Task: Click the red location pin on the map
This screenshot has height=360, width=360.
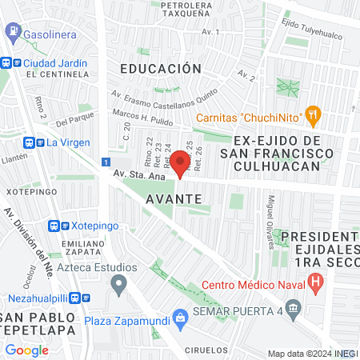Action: pyautogui.click(x=180, y=164)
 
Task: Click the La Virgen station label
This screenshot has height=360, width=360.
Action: pyautogui.click(x=62, y=143)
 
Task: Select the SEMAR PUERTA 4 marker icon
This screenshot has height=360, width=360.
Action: pyautogui.click(x=294, y=308)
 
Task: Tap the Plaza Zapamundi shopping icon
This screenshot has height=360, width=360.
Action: pyautogui.click(x=181, y=318)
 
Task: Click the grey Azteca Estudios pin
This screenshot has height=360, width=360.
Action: pyautogui.click(x=119, y=283)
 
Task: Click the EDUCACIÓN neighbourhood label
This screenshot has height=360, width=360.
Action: pyautogui.click(x=160, y=69)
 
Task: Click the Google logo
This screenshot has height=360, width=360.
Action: pyautogui.click(x=26, y=350)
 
